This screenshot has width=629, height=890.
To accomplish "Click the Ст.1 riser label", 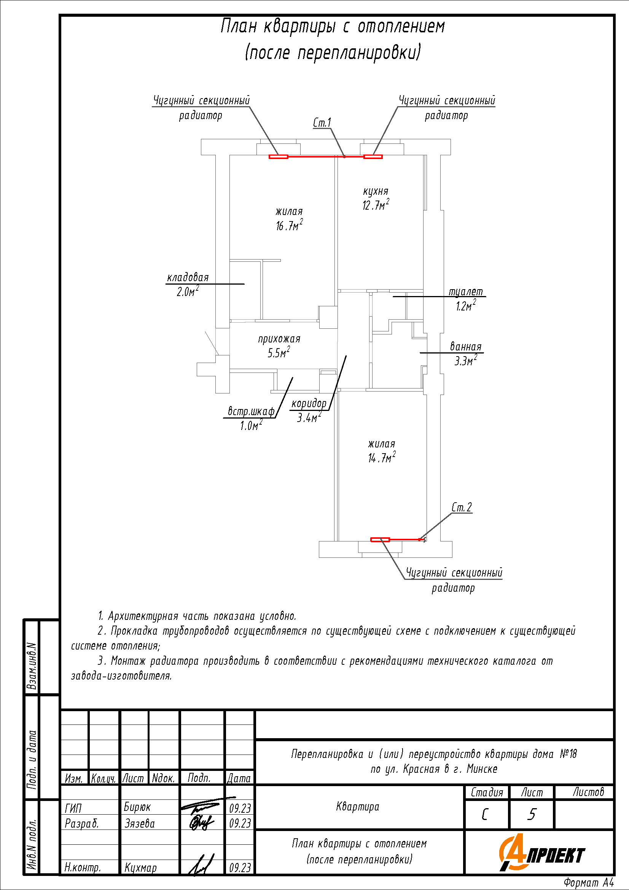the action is pos(322,123).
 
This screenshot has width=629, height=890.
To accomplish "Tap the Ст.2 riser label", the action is pos(462,508).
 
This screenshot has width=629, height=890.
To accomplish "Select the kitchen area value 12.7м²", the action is pos(376,205).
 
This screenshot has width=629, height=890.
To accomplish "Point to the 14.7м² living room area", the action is pos(382,458).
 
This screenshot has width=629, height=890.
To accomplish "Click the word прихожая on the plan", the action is pos(279,339).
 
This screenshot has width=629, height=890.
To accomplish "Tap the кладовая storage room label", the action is pos(188,277).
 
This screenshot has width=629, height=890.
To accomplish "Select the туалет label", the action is pos(466,292).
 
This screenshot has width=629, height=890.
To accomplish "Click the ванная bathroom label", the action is pos(465,347).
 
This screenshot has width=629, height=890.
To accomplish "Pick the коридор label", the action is pos(309,403).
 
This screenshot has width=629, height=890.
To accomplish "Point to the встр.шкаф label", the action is pos(251,411).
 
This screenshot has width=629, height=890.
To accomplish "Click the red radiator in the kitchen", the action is pos(373,157).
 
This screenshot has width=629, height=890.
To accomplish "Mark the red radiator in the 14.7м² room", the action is pos(380,540).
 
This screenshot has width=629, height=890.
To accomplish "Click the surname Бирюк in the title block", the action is pos(137,807).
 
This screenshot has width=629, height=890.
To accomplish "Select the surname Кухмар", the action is pos(140,868).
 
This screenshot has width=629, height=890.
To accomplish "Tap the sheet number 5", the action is pos(532,814).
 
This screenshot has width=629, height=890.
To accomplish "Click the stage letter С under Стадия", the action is pos(485,814).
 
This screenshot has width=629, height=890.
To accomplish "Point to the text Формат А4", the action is pos(589,883).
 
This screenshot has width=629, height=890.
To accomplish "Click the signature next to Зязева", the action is pos(202,822).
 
